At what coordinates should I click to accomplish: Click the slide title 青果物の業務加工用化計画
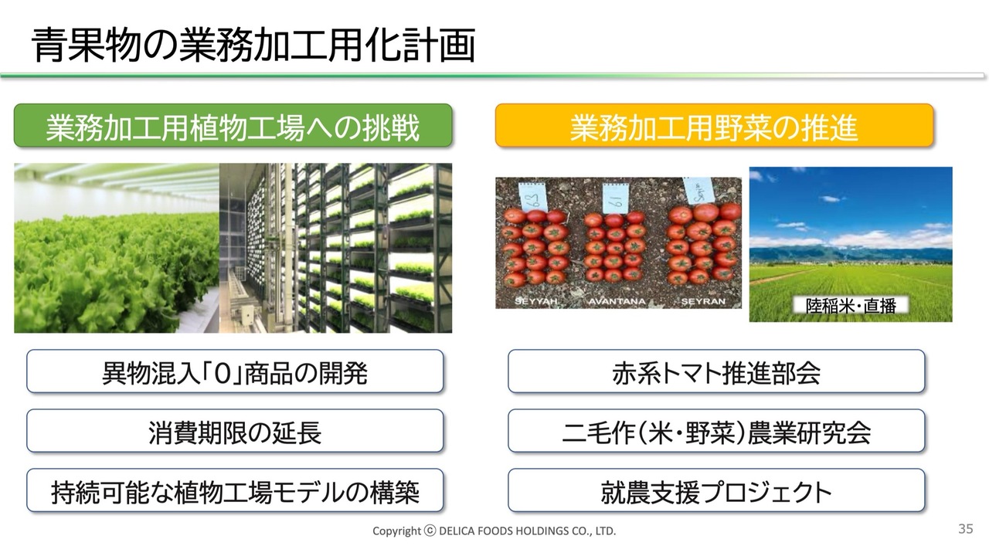(253, 45)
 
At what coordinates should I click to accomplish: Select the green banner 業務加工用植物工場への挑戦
(233, 126)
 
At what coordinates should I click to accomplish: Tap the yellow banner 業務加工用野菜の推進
(715, 126)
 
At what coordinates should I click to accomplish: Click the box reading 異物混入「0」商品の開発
(235, 371)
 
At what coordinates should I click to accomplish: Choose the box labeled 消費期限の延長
(235, 431)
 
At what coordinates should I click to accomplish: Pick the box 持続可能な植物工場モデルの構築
(235, 490)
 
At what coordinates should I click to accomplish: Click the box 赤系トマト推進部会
(716, 371)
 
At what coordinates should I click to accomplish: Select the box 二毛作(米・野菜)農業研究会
(716, 431)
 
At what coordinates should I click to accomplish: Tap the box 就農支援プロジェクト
(716, 490)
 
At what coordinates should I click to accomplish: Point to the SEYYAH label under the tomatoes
(536, 301)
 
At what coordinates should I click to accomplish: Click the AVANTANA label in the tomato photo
(617, 301)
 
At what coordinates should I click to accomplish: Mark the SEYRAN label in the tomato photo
(703, 301)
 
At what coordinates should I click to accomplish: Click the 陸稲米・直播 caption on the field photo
(851, 305)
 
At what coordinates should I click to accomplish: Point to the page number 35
(966, 529)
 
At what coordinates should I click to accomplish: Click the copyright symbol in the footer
(430, 531)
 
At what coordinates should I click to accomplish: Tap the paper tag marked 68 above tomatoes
(532, 196)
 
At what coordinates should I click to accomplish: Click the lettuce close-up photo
(117, 248)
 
